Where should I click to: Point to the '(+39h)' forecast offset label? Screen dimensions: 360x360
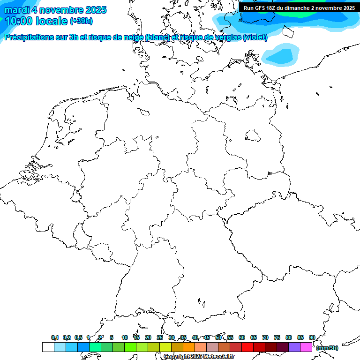tap(81, 21)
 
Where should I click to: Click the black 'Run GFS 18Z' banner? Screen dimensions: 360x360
tap(299, 8)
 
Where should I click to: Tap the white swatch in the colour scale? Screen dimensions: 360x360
tap(48, 347)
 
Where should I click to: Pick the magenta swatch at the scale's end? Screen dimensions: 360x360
tap(306, 347)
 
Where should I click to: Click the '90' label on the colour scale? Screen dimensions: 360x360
tap(312, 337)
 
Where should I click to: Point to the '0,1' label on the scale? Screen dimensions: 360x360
tap(55, 337)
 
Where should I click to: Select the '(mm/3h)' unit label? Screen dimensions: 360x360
tap(327, 348)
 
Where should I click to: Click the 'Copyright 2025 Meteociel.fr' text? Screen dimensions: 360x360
tap(199, 356)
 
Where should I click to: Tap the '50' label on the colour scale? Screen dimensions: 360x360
tap(218, 337)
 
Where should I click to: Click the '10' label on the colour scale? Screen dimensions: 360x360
tap(125, 337)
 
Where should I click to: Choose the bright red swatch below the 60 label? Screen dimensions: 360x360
tap(247, 347)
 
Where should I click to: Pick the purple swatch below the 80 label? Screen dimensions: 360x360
tap(294, 347)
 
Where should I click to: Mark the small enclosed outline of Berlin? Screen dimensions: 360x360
tap(253, 135)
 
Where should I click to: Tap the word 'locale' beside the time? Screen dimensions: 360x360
tap(52, 21)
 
